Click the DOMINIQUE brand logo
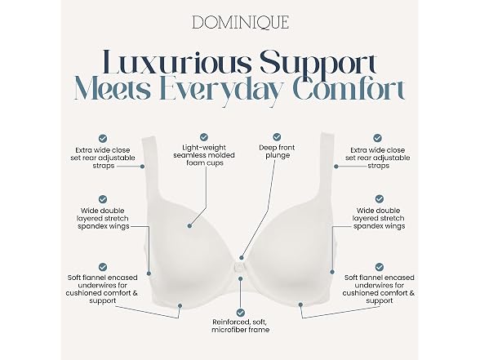[x=240, y=23]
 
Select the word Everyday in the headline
[x=224, y=91]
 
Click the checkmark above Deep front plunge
[x=277, y=136]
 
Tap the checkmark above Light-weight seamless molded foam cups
[x=204, y=136]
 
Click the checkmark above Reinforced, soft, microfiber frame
[x=241, y=313]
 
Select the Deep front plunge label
[x=277, y=151]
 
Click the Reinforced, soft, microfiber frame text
[x=241, y=326]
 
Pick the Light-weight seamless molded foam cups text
[x=204, y=155]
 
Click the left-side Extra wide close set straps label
[x=103, y=158]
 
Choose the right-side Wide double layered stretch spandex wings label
[x=379, y=218]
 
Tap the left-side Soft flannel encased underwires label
[x=102, y=289]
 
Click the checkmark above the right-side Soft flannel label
[x=380, y=267]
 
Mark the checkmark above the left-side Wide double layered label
[x=103, y=199]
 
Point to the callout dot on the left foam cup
[x=189, y=226]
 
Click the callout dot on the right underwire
[x=300, y=304]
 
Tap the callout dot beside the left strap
[x=142, y=167]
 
